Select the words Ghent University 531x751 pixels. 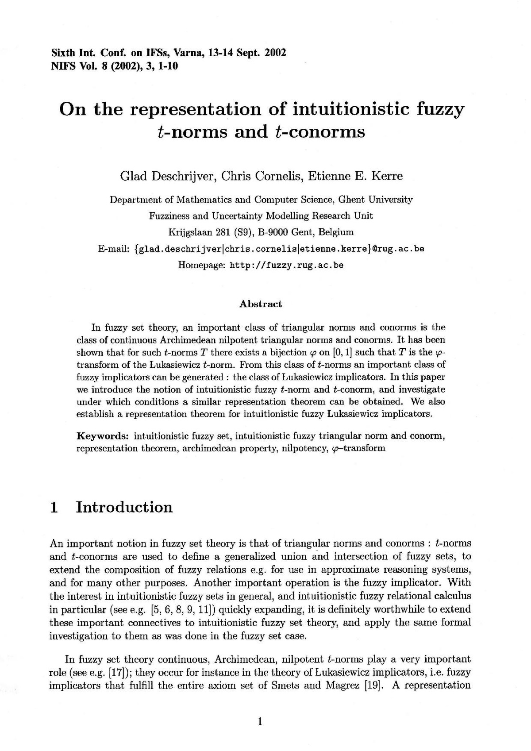pyautogui.click(x=375, y=200)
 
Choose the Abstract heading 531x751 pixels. pyautogui.click(x=261, y=304)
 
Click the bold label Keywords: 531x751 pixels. pyautogui.click(x=103, y=436)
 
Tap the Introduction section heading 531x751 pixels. pyautogui.click(x=124, y=507)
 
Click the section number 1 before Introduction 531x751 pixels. pyautogui.click(x=54, y=507)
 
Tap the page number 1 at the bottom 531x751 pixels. pyautogui.click(x=260, y=722)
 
